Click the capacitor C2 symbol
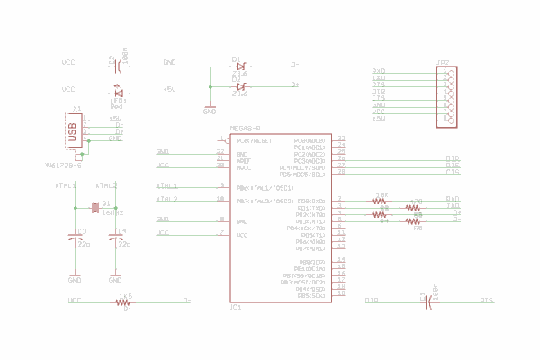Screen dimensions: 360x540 coord(116,63)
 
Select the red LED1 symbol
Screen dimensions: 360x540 coord(118,91)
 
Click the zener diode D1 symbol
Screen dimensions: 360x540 coord(240,66)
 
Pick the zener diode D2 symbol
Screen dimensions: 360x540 coord(240,86)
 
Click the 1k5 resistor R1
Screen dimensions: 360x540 coord(125,302)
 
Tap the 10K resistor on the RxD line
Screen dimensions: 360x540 coord(381,200)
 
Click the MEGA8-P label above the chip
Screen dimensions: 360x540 coord(245,129)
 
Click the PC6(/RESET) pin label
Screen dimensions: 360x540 coord(255,140)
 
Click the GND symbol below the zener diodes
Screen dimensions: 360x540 coord(210,111)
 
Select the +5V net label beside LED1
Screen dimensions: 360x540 coord(169,90)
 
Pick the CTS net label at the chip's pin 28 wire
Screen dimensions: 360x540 coord(453,172)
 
